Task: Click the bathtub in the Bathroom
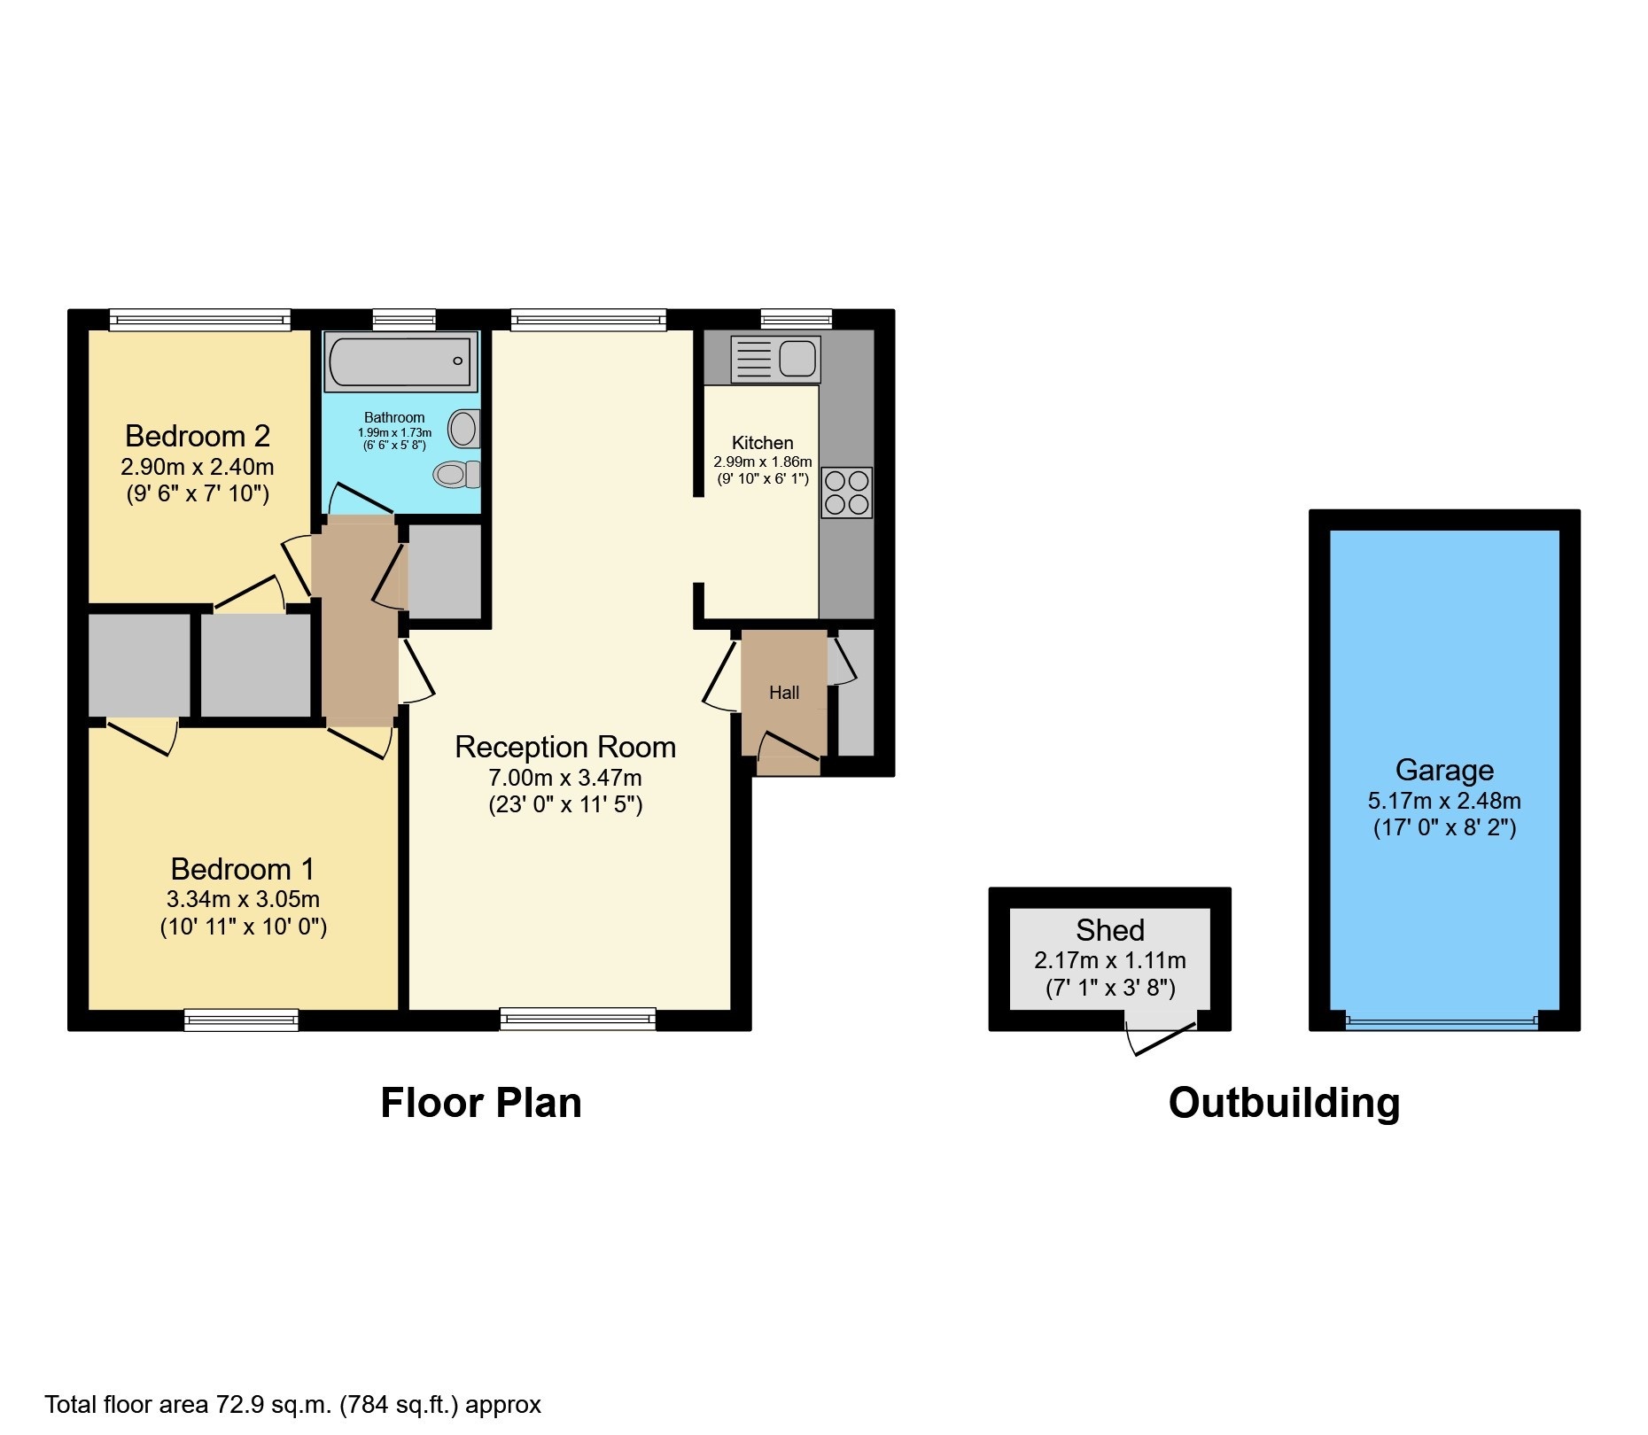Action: click(401, 361)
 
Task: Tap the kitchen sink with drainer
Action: click(775, 359)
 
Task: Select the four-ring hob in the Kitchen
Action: click(847, 493)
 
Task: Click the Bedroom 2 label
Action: click(198, 436)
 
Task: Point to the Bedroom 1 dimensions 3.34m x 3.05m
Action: click(243, 899)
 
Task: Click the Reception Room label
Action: click(565, 747)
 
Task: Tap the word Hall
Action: click(784, 693)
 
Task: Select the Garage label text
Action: click(1444, 770)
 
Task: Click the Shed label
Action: click(1109, 930)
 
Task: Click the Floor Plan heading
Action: click(481, 1103)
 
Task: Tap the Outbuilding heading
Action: click(1284, 1103)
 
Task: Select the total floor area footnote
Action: click(292, 1405)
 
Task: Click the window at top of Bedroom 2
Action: click(200, 320)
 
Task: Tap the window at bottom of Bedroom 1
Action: click(241, 1020)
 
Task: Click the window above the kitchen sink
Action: click(796, 319)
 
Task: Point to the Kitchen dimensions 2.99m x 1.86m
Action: click(763, 462)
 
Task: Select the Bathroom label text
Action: click(394, 417)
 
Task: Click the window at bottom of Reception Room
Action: click(578, 1020)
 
